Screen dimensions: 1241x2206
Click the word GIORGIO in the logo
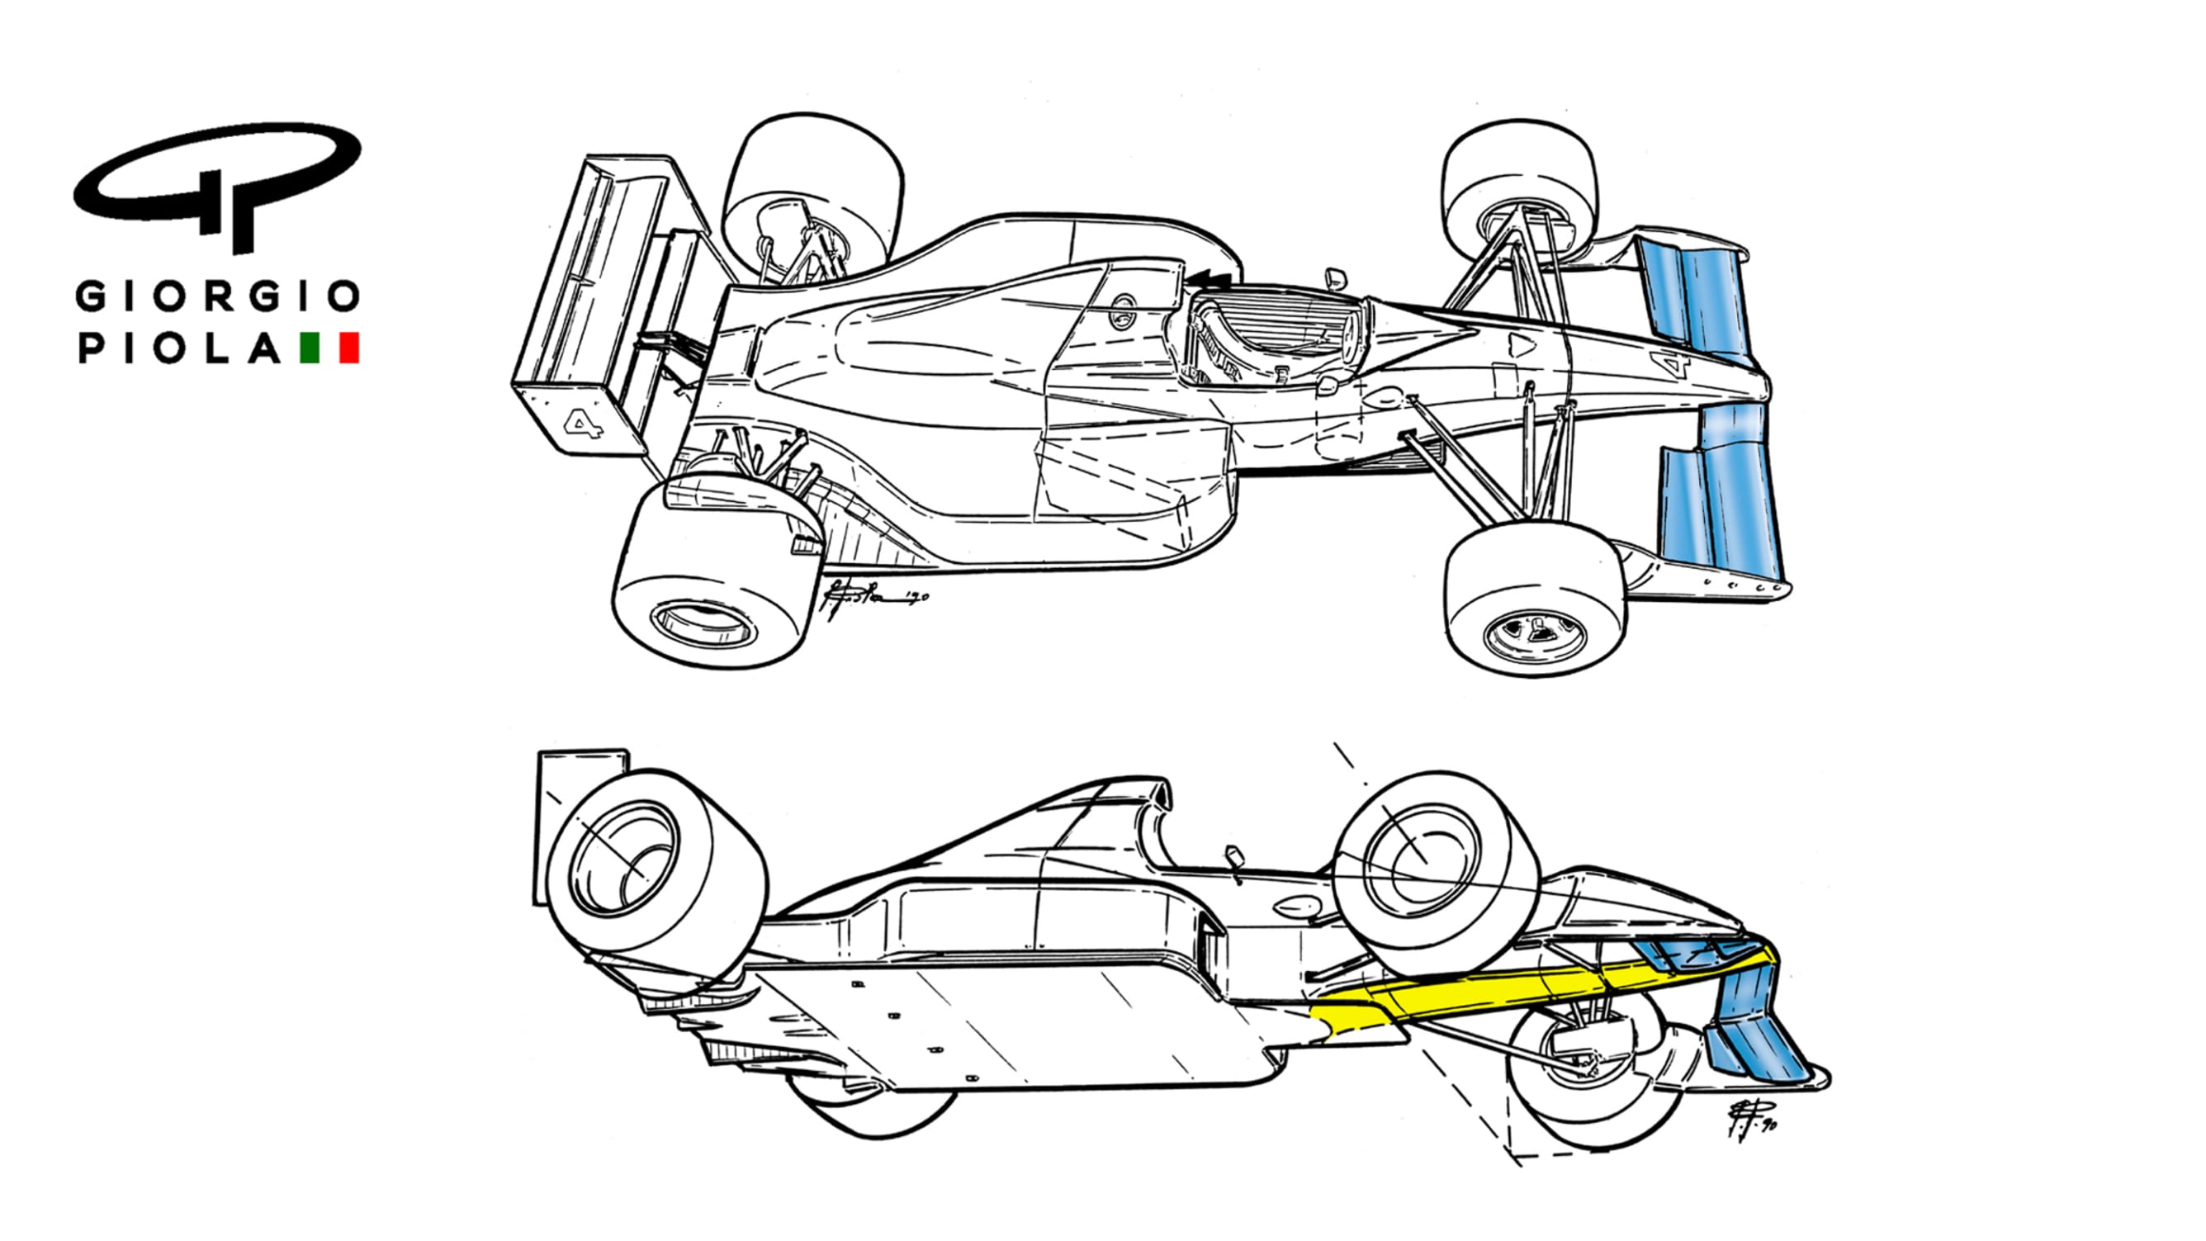click(217, 297)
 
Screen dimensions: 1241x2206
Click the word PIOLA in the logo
click(180, 348)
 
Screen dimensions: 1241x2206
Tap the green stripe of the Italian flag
click(309, 348)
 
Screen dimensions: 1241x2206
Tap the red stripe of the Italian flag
click(349, 348)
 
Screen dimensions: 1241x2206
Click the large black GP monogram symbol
click(217, 184)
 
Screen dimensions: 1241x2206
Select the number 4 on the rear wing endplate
click(583, 423)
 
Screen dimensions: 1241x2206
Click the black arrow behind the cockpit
click(1210, 278)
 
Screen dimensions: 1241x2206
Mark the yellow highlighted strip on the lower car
click(1498, 993)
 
